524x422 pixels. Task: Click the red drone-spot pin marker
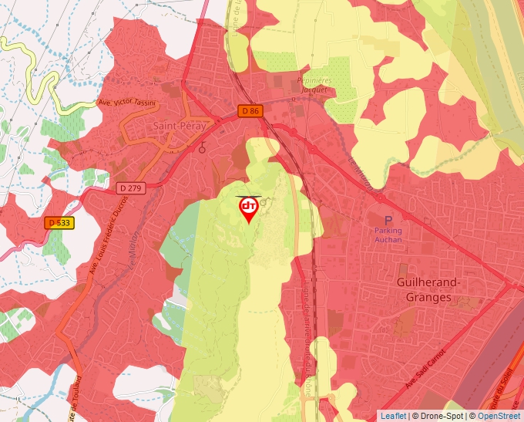pyautogui.click(x=249, y=208)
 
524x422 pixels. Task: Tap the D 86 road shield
pyautogui.click(x=250, y=111)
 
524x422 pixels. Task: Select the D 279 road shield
pyautogui.click(x=132, y=187)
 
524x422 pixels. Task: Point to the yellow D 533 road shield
pyautogui.click(x=59, y=223)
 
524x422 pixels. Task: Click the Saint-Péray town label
pyautogui.click(x=178, y=126)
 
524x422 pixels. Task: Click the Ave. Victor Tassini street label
pyautogui.click(x=126, y=103)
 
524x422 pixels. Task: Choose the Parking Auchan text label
pyautogui.click(x=388, y=235)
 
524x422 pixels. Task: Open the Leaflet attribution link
pyautogui.click(x=393, y=416)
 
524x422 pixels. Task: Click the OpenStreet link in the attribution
pyautogui.click(x=500, y=416)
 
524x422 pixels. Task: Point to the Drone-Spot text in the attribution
pyautogui.click(x=442, y=416)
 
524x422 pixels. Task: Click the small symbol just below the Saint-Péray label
pyautogui.click(x=202, y=149)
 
